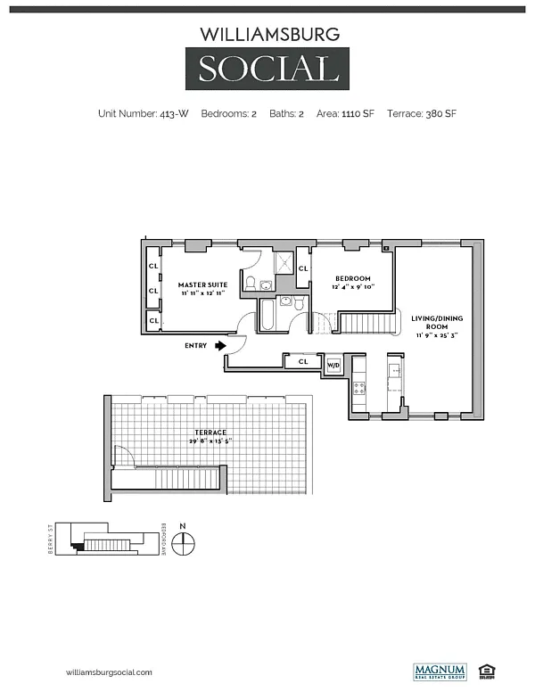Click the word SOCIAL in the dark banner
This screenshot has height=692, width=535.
(x=267, y=69)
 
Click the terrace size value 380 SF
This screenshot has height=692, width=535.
(x=441, y=114)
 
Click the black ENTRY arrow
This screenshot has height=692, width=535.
(x=219, y=345)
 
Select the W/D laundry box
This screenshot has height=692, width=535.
(x=333, y=364)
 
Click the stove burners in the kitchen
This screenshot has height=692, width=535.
(x=359, y=388)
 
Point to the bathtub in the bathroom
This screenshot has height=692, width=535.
(x=269, y=317)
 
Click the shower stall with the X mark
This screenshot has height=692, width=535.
(x=284, y=263)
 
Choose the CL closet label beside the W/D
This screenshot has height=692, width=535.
(x=303, y=361)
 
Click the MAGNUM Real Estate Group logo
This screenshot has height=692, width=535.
(x=437, y=671)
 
